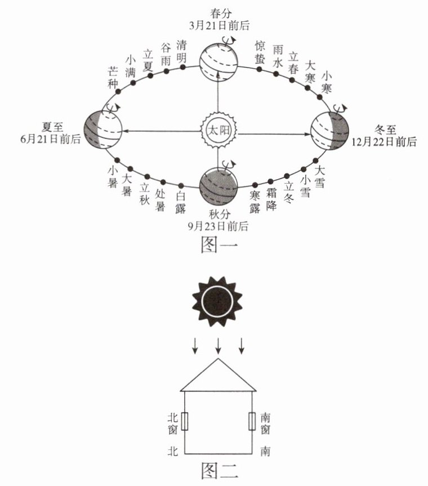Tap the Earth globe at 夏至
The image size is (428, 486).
click(103, 130)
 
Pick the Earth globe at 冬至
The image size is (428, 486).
click(330, 131)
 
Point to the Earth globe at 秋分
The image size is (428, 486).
click(218, 186)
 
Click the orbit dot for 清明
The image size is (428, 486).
click(182, 67)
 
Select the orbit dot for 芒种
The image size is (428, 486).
click(118, 91)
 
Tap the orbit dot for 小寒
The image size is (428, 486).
click(320, 97)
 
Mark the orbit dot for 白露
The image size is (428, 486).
click(181, 186)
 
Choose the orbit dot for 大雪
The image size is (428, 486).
click(315, 160)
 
